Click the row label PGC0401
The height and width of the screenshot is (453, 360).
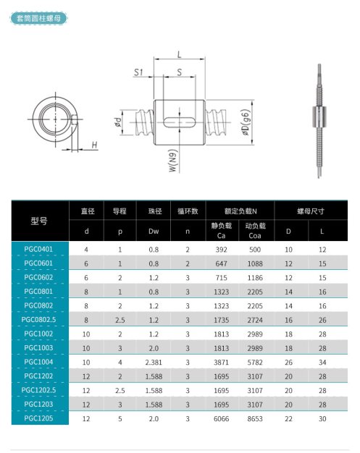38,249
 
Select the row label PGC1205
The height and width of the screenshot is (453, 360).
38,418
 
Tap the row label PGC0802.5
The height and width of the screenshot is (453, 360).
38,320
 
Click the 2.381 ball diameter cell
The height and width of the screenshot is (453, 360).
154,363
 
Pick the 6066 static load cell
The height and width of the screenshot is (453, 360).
221,418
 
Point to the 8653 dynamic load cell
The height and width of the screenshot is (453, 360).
255,418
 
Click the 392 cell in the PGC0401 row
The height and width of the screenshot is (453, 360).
221,250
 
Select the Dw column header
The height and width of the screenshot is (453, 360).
154,231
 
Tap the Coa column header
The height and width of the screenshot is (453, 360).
255,236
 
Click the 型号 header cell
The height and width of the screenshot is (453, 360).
38,221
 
